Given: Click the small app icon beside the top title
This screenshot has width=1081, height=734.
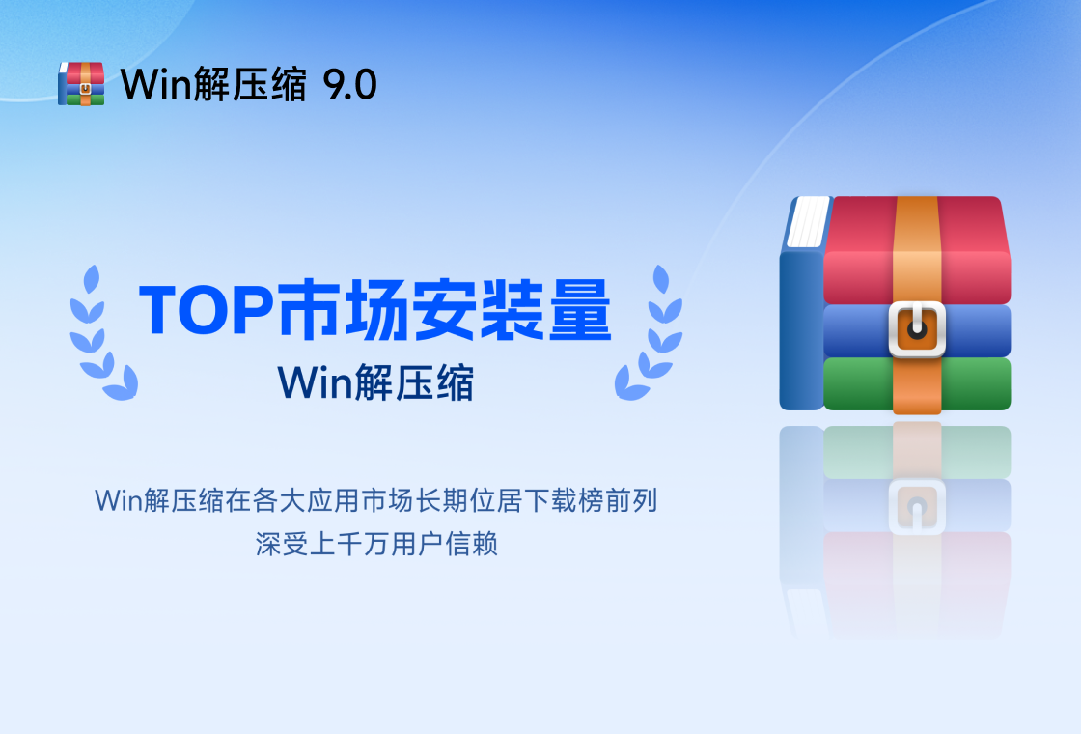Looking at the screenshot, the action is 81,83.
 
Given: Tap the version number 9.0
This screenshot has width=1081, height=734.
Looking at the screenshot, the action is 349,85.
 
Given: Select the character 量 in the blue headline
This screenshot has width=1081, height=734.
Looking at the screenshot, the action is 580,310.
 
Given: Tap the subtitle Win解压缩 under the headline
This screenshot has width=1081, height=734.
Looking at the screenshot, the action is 375,382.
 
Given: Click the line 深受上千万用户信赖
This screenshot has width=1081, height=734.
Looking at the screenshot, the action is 376,544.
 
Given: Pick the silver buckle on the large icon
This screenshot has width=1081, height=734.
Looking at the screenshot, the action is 917,328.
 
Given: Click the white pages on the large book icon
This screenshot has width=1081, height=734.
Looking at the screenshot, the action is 808,221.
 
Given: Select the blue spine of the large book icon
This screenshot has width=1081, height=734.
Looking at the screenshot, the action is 801,329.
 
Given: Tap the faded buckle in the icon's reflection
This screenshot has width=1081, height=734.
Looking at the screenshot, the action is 917,507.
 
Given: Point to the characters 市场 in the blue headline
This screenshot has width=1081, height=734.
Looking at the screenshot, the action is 343,310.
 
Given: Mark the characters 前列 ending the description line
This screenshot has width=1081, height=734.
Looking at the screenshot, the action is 631,501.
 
